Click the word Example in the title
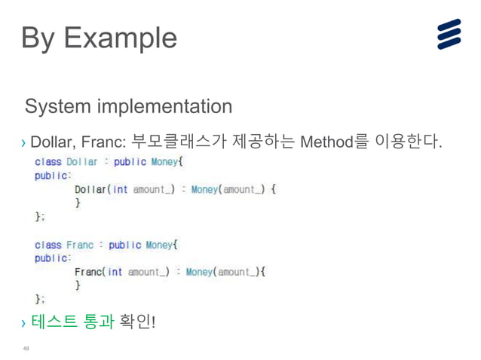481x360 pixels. [x=121, y=38]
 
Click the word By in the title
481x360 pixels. [x=38, y=38]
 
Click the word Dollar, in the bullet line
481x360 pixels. [x=51, y=142]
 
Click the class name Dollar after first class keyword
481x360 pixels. [x=82, y=161]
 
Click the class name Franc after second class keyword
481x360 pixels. [x=80, y=245]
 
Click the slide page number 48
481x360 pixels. [x=26, y=349]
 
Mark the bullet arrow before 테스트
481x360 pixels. [x=24, y=325]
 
